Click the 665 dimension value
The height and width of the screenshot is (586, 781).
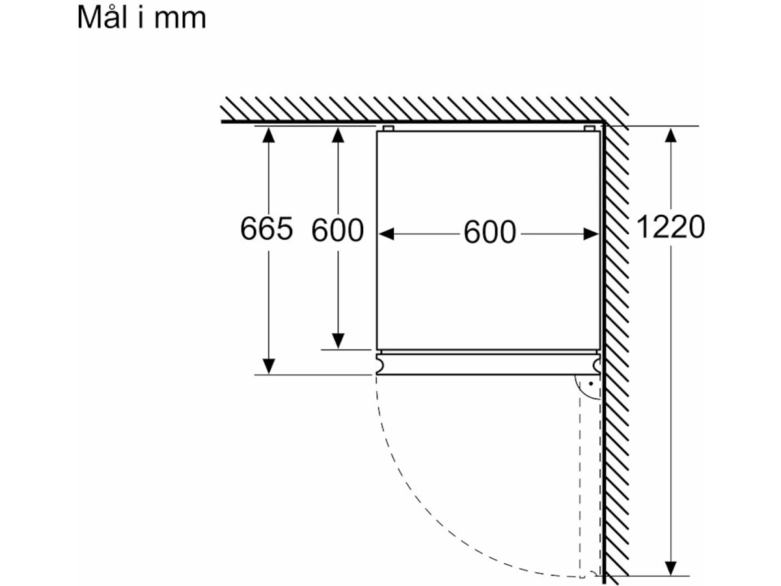(266, 228)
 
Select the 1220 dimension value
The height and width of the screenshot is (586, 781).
(670, 227)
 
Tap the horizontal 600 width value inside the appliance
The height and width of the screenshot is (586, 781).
(489, 232)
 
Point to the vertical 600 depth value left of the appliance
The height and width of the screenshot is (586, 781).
(337, 230)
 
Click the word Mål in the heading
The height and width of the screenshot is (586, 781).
(102, 17)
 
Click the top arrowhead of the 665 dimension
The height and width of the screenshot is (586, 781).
(268, 135)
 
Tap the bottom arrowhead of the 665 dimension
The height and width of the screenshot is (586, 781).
(268, 367)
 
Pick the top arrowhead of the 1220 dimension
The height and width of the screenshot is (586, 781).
(671, 135)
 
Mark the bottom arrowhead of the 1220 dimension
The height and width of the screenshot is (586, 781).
(671, 568)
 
